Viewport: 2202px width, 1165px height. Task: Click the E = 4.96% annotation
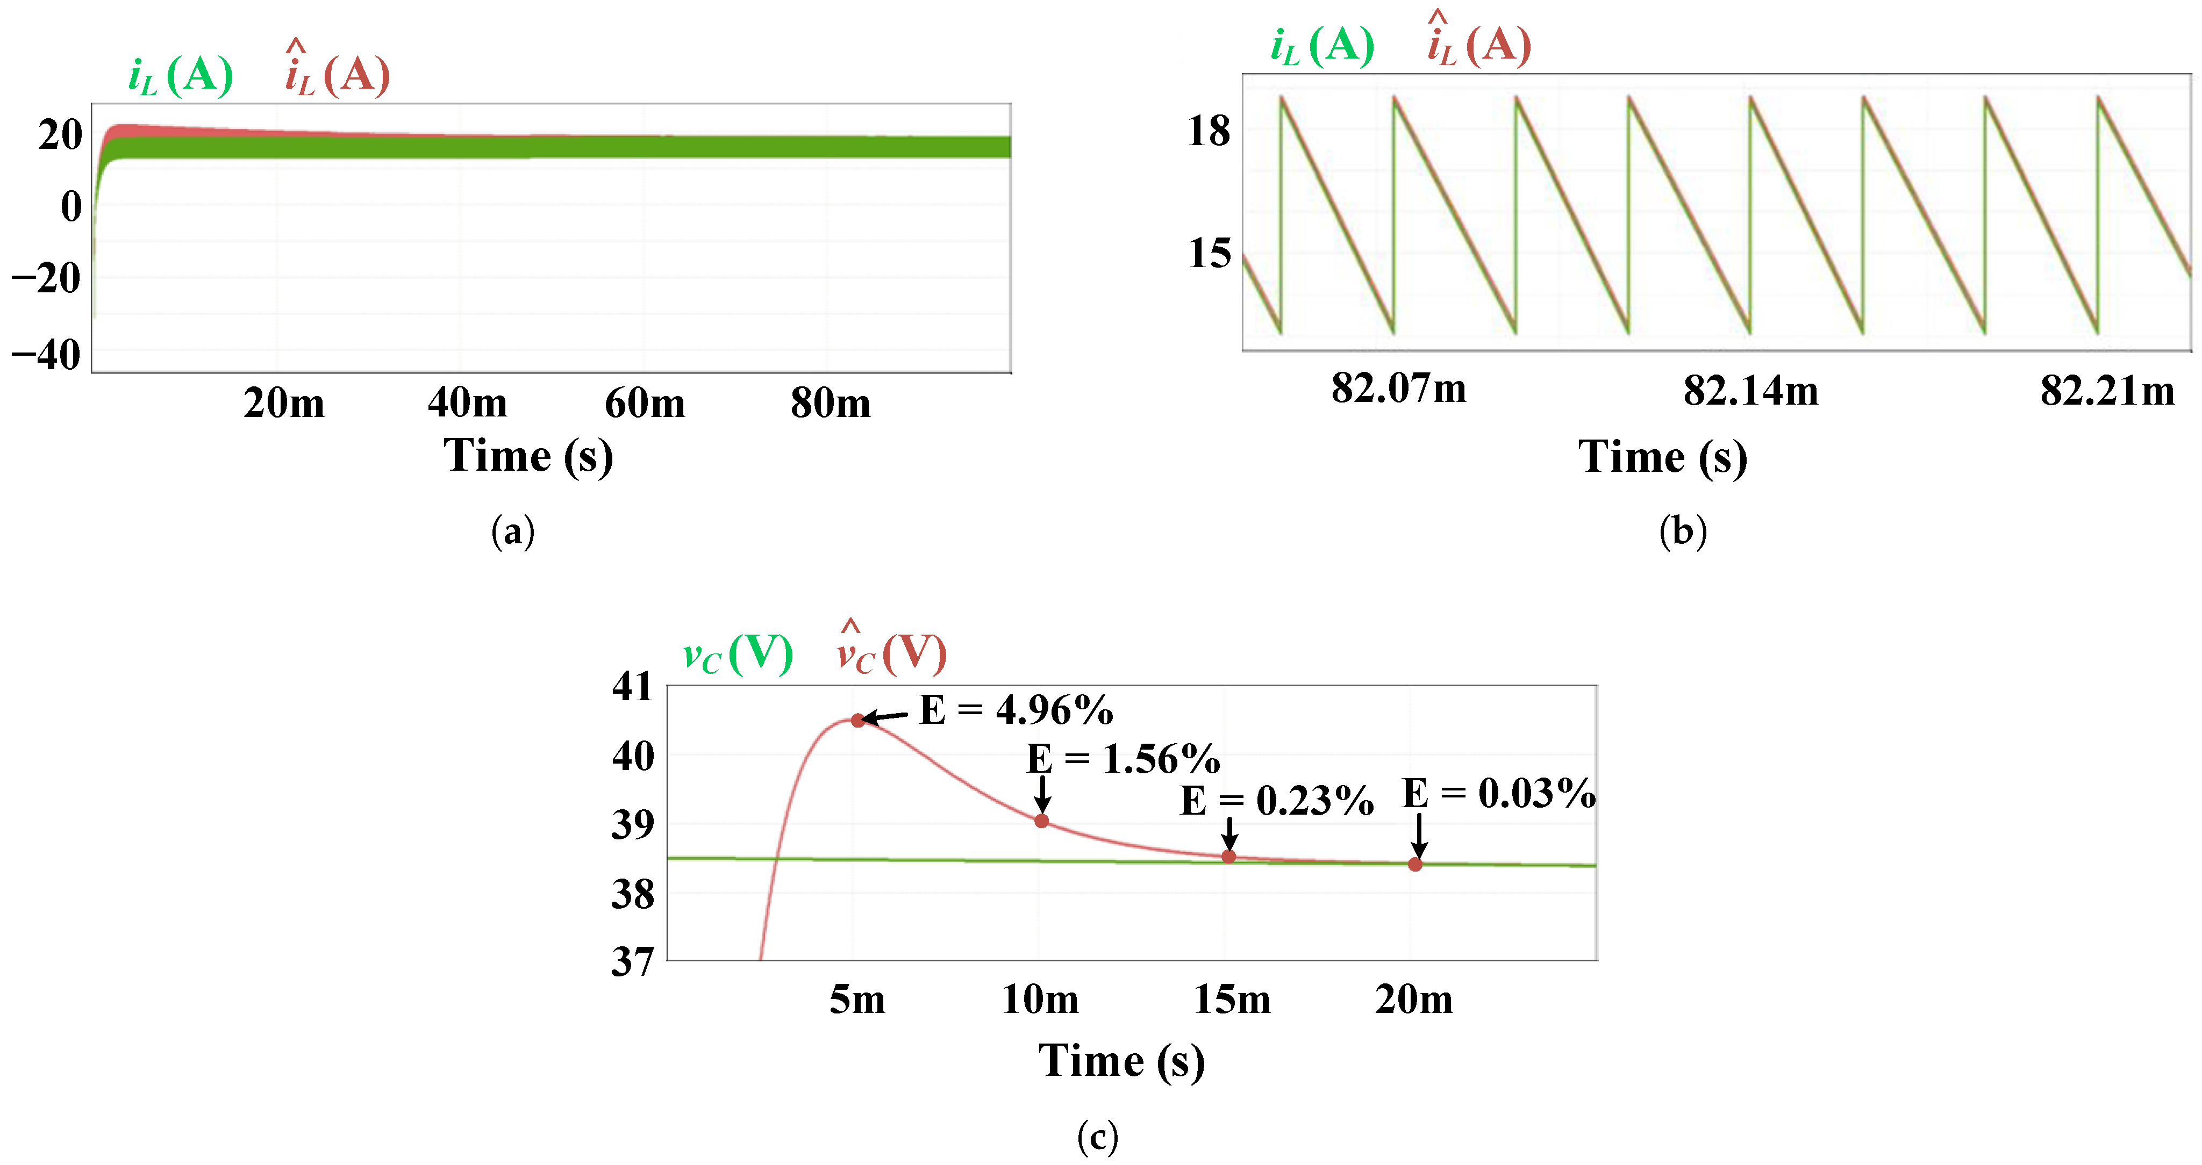[x=1016, y=710]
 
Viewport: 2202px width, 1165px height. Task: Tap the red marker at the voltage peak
[x=857, y=721]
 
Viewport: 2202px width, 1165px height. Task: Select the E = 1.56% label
[x=1123, y=759]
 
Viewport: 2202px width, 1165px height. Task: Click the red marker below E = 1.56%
[x=1041, y=821]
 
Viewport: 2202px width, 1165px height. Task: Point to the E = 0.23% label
[x=1276, y=801]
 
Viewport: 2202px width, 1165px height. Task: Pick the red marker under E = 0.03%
[x=1415, y=864]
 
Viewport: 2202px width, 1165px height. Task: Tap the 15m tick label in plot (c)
[x=1231, y=998]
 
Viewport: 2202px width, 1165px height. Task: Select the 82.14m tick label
[x=1750, y=391]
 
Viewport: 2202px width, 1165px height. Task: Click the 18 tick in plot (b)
[x=1209, y=132]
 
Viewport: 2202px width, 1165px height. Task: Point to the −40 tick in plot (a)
[x=46, y=355]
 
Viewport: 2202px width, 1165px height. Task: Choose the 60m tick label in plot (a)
[x=645, y=402]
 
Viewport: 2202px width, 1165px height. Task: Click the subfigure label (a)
[x=513, y=531]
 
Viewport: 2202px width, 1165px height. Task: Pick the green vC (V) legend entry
[x=738, y=655]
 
